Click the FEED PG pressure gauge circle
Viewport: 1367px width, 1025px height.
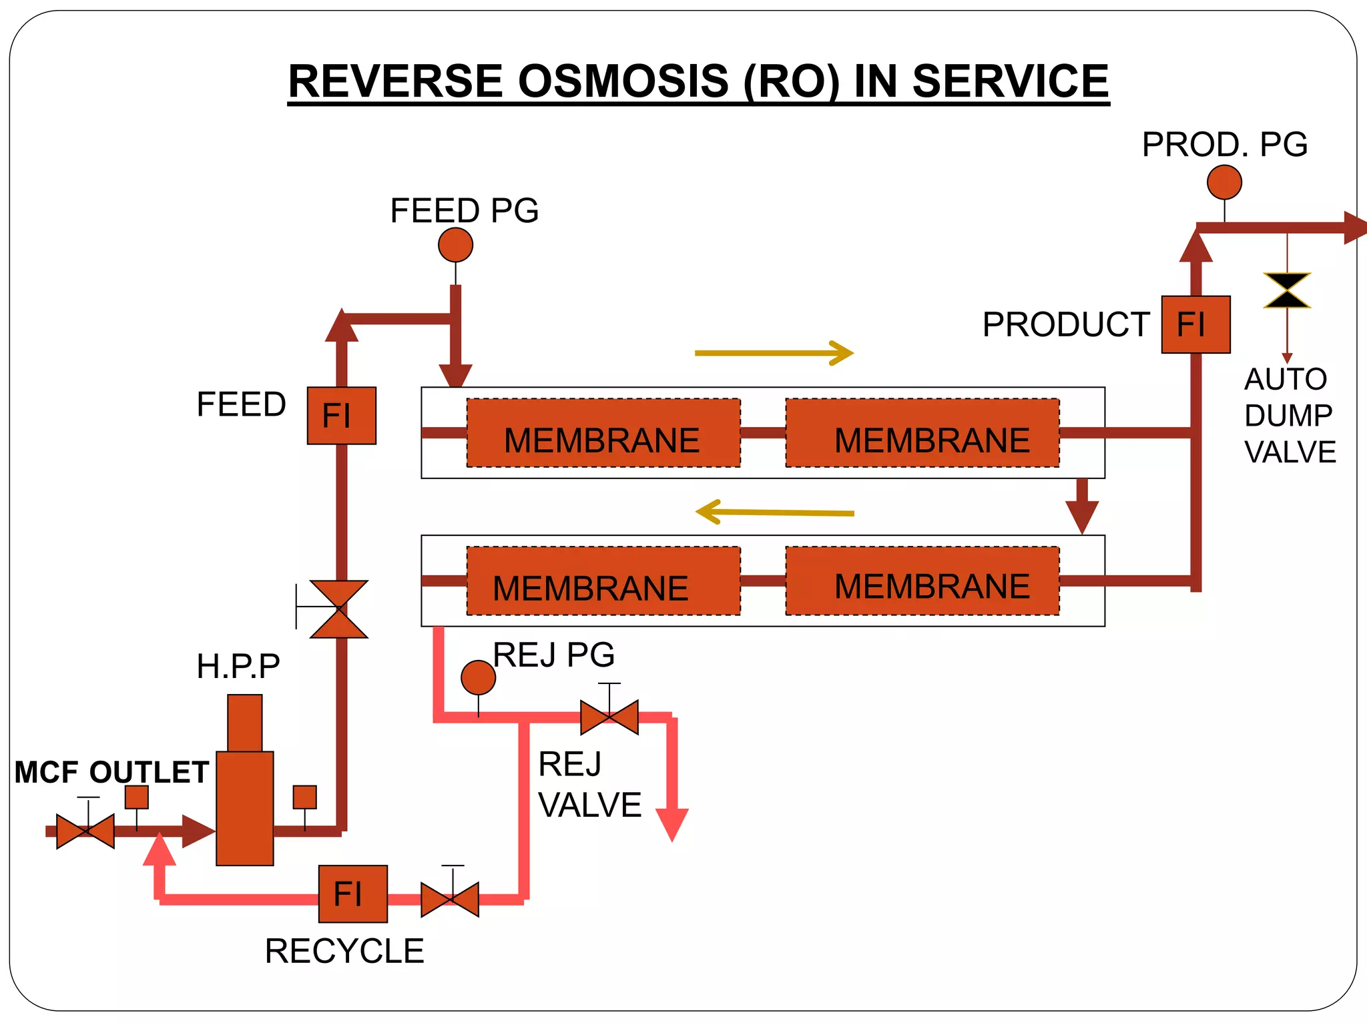click(x=455, y=245)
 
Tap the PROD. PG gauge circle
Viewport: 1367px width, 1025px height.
click(x=1224, y=182)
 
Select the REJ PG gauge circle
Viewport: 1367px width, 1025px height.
click(x=478, y=677)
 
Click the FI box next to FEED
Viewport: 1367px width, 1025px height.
click(x=341, y=415)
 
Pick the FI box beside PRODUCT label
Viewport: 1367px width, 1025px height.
click(x=1195, y=324)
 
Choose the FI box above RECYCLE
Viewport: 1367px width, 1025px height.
click(x=352, y=894)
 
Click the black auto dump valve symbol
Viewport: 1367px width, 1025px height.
click(x=1287, y=290)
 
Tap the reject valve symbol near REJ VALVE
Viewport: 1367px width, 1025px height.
click(x=609, y=717)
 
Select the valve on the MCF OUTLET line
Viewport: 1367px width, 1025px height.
click(x=85, y=831)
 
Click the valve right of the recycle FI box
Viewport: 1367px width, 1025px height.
click(x=450, y=900)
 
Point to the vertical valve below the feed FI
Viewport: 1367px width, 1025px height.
click(x=339, y=609)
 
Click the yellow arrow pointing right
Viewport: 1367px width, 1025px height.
click(x=774, y=352)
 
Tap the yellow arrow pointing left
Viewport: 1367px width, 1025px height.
click(x=774, y=512)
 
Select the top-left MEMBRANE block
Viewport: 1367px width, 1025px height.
click(x=603, y=432)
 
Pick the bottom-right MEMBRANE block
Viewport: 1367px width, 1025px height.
click(x=922, y=581)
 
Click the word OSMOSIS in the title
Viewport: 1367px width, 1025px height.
click(x=623, y=81)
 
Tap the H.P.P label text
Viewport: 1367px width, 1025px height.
click(x=238, y=666)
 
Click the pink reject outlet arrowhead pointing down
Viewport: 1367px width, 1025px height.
click(x=671, y=824)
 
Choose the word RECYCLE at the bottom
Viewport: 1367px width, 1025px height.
click(x=344, y=951)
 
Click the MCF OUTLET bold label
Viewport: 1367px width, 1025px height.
click(x=112, y=772)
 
